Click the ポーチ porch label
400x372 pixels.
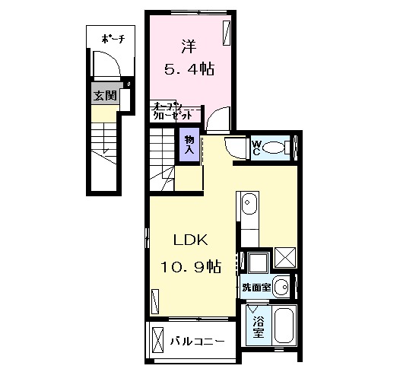coord(113,37)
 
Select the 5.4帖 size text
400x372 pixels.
coord(189,68)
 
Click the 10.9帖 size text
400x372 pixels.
coord(190,266)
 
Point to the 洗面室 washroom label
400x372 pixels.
coord(256,288)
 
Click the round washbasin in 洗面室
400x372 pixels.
coord(281,288)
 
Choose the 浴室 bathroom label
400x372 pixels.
coord(259,328)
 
